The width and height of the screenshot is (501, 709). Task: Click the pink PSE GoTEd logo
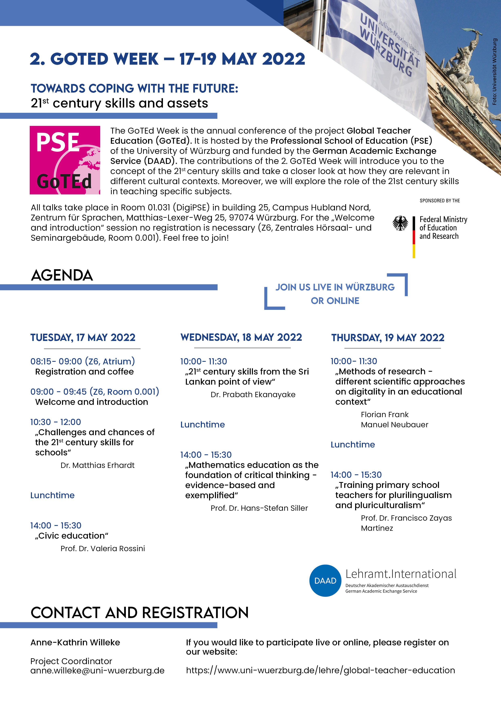[x=65, y=160]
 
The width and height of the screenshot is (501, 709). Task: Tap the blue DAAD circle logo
[x=325, y=580]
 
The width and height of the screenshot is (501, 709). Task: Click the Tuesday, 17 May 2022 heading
[x=83, y=338]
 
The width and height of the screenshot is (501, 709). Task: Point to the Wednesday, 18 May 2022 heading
[x=241, y=337]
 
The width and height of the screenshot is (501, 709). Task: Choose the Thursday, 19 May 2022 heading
[x=388, y=338]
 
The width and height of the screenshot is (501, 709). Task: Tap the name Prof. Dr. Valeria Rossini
[x=103, y=549]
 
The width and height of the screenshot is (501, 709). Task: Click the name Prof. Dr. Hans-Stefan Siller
[x=259, y=508]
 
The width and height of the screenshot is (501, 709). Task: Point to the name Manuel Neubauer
[x=395, y=425]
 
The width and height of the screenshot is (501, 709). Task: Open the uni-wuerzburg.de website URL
[x=320, y=670]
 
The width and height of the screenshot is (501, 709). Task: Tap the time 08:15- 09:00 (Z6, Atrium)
[x=82, y=361]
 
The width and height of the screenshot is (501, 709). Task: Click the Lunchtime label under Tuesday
[x=53, y=495]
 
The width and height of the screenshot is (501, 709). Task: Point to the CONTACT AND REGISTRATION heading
[x=140, y=613]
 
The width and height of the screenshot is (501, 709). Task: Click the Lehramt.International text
[x=401, y=574]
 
